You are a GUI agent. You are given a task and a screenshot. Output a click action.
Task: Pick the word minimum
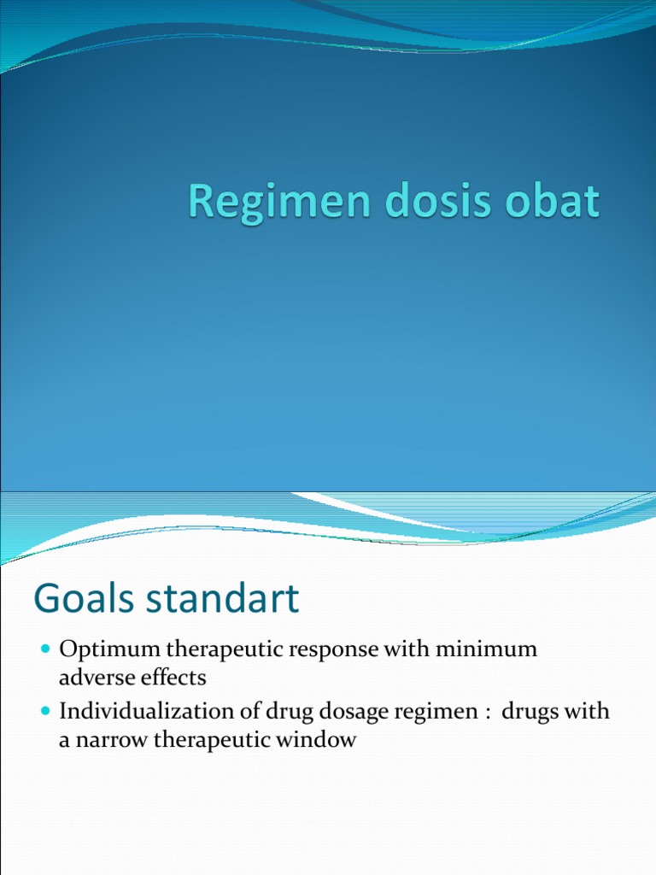[487, 649]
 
